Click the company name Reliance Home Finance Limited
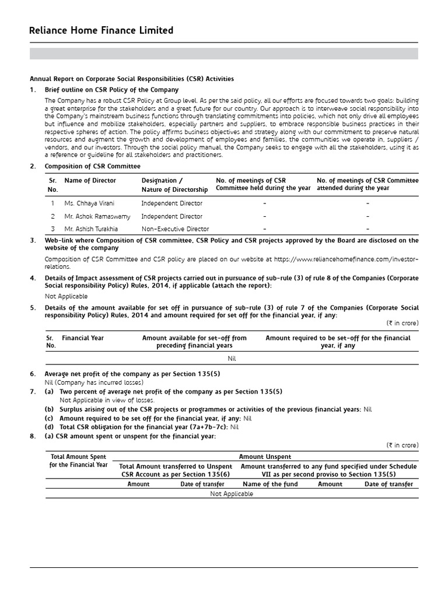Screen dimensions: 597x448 coord(101,30)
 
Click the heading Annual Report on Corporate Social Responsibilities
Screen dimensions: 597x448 coord(132,79)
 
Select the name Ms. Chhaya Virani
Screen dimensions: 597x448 coord(89,203)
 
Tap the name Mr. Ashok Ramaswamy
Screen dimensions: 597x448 coord(97,216)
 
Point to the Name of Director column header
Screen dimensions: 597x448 coord(90,181)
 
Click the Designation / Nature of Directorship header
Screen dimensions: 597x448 coord(174,185)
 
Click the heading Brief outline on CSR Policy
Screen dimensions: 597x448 coord(111,90)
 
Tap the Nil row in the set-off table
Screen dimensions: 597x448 coord(232,359)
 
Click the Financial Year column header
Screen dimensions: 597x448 coord(83,338)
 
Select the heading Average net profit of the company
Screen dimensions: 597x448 coord(132,374)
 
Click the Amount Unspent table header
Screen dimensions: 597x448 coord(265,458)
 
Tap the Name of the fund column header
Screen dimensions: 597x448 coord(270,484)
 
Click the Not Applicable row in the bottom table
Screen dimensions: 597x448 coord(232,494)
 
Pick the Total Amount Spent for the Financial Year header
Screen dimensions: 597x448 coord(79,461)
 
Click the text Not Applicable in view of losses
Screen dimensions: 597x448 coord(107,401)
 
